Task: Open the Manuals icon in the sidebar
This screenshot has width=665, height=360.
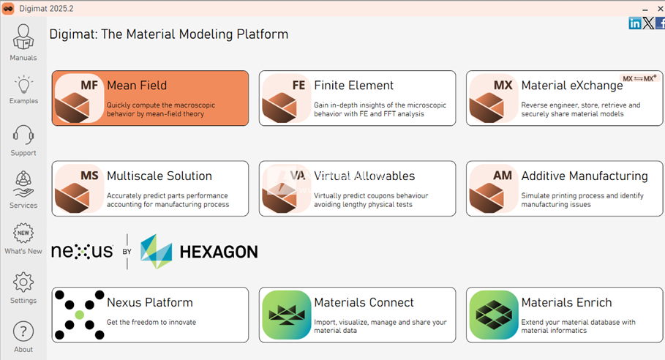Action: point(23,37)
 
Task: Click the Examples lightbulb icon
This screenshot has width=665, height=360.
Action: point(23,84)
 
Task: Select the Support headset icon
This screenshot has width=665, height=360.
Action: point(23,135)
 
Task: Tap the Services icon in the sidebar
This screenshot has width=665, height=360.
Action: point(23,184)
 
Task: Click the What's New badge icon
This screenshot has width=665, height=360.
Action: point(23,233)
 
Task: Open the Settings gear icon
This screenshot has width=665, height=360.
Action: point(23,282)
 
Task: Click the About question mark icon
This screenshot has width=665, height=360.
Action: point(23,331)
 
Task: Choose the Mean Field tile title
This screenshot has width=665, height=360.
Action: point(137,85)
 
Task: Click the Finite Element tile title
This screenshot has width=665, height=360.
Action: point(353,85)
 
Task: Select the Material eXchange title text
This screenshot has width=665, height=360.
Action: point(572,86)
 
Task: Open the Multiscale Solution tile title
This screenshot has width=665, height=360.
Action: point(159,176)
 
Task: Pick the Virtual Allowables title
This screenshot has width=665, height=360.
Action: point(364,176)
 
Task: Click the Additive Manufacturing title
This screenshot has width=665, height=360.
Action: point(585,176)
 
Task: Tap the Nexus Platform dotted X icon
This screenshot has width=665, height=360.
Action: point(79,315)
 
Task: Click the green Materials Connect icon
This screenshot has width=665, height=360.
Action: point(287,315)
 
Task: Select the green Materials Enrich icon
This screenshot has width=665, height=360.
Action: point(494,315)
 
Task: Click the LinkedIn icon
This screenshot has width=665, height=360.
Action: point(635,23)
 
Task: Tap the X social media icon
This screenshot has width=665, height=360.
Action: point(648,23)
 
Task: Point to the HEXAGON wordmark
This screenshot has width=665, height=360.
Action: point(219,252)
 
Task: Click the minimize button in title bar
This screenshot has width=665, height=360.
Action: point(645,9)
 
